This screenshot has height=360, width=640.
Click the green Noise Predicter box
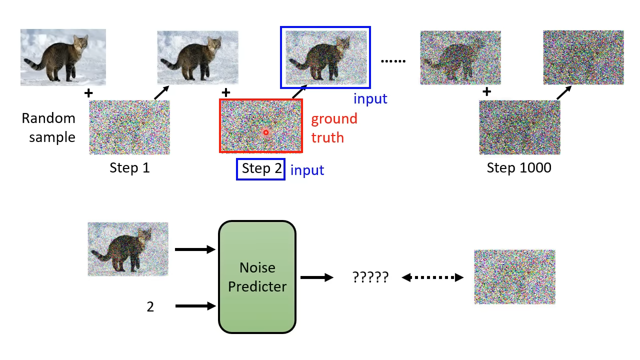257,277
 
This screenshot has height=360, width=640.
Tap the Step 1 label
129,167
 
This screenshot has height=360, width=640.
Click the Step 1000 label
519,167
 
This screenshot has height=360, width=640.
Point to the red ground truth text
334,128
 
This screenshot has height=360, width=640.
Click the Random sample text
48,127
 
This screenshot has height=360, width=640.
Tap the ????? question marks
370,277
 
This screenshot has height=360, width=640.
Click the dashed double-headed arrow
432,277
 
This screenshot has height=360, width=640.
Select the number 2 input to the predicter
150,307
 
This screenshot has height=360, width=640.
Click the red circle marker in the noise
266,132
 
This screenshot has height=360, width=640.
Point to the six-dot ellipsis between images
393,61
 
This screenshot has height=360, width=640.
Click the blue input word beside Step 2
307,170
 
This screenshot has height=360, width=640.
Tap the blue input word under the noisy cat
370,99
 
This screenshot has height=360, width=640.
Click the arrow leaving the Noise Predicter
317,277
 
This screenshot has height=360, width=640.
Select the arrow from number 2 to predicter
195,306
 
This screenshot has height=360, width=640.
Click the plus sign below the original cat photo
88,93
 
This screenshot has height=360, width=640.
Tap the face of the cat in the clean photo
80,43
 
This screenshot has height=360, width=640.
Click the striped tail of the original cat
35,64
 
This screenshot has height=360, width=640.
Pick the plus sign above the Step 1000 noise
487,91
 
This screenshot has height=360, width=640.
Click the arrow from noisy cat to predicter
195,249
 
